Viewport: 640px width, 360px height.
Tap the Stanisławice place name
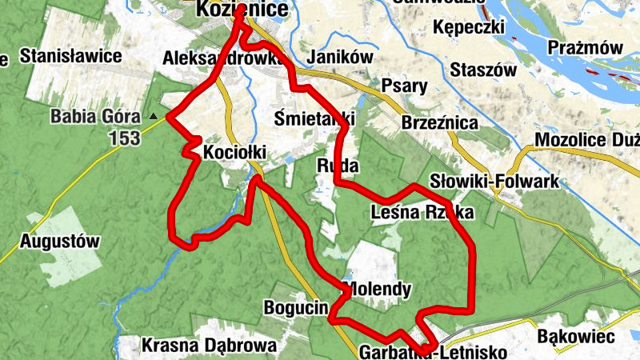click(x=70, y=57)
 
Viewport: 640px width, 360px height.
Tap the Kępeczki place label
click(x=469, y=28)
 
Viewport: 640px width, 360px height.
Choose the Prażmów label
click(x=585, y=48)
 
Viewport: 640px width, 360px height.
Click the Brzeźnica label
click(x=441, y=123)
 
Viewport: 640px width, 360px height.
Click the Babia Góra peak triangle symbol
click(x=153, y=117)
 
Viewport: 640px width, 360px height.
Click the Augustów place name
click(x=60, y=241)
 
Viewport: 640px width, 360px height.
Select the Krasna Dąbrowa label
click(x=209, y=346)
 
